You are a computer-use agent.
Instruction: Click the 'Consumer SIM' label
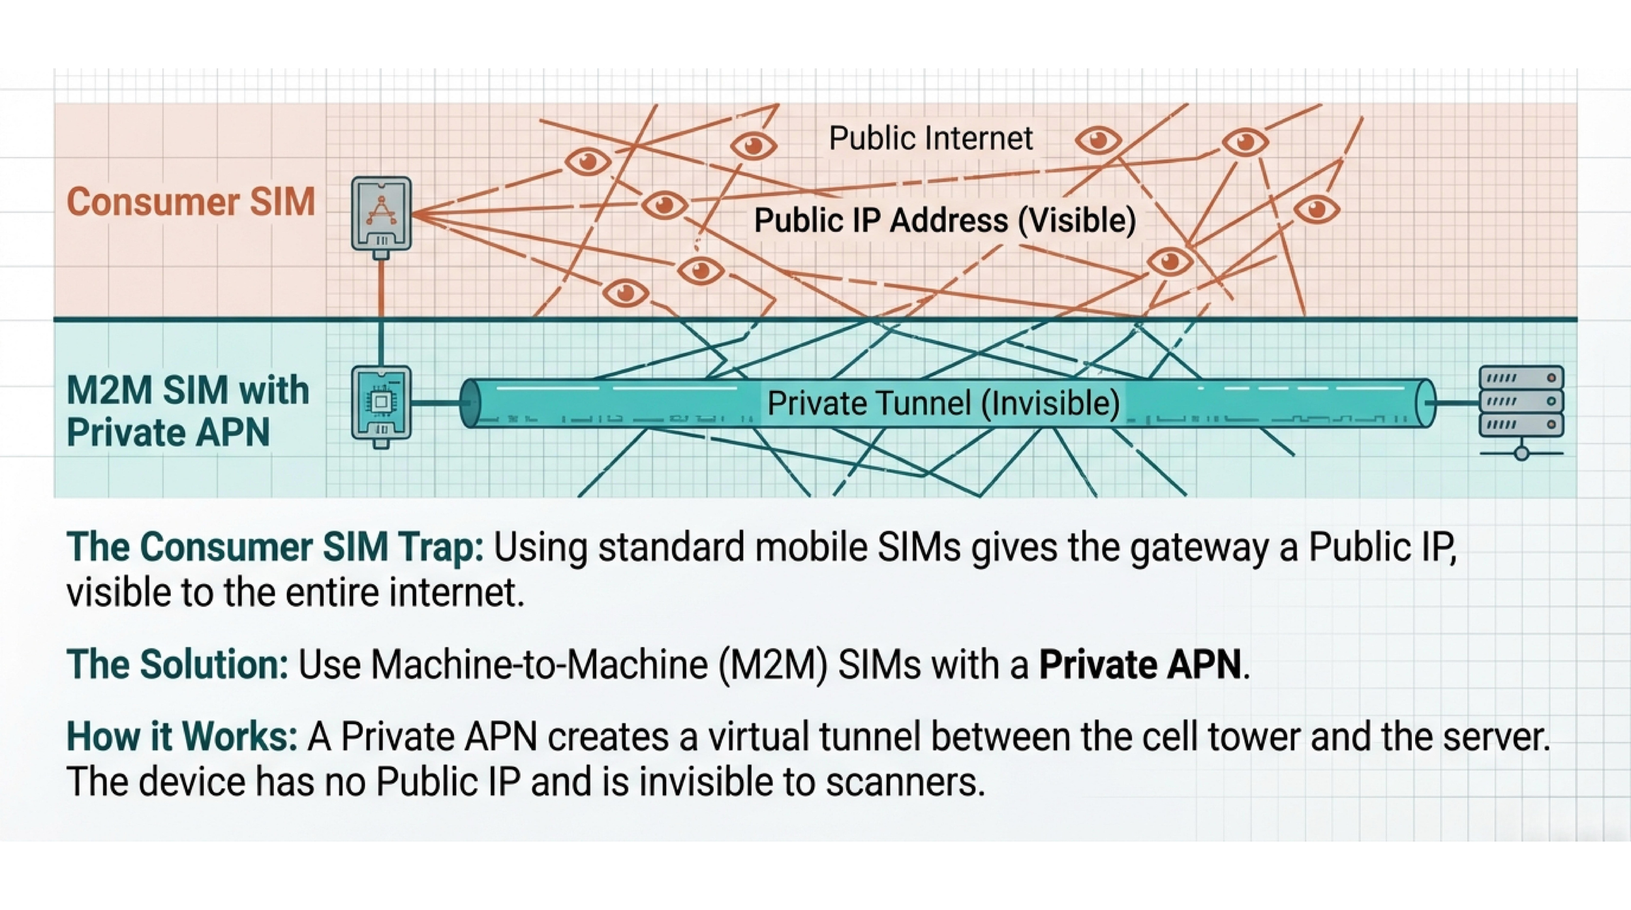(191, 202)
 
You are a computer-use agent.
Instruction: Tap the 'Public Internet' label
(930, 138)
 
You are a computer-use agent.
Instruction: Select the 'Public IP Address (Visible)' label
(945, 220)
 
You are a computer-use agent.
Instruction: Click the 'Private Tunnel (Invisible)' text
(943, 403)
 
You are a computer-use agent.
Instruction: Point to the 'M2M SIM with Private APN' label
(187, 411)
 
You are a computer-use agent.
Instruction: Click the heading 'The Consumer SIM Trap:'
(275, 547)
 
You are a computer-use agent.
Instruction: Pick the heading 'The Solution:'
(177, 665)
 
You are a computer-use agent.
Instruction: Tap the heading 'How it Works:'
(182, 736)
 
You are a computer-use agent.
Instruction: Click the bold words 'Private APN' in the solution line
(1140, 665)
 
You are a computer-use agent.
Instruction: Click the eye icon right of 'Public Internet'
(1098, 140)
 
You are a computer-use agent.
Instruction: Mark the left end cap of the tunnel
(468, 403)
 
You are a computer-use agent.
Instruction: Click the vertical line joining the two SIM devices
(381, 313)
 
